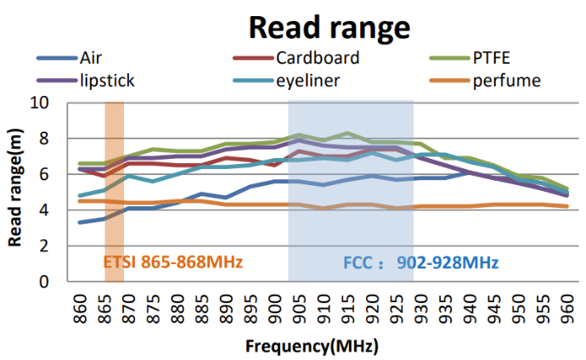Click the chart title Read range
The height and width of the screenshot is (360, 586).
[329, 28]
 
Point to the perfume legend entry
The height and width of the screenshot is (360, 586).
[505, 81]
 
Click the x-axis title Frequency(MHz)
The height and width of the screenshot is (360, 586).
[313, 346]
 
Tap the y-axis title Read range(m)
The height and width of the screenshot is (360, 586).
[15, 192]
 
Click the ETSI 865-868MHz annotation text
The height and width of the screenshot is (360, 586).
[173, 262]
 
